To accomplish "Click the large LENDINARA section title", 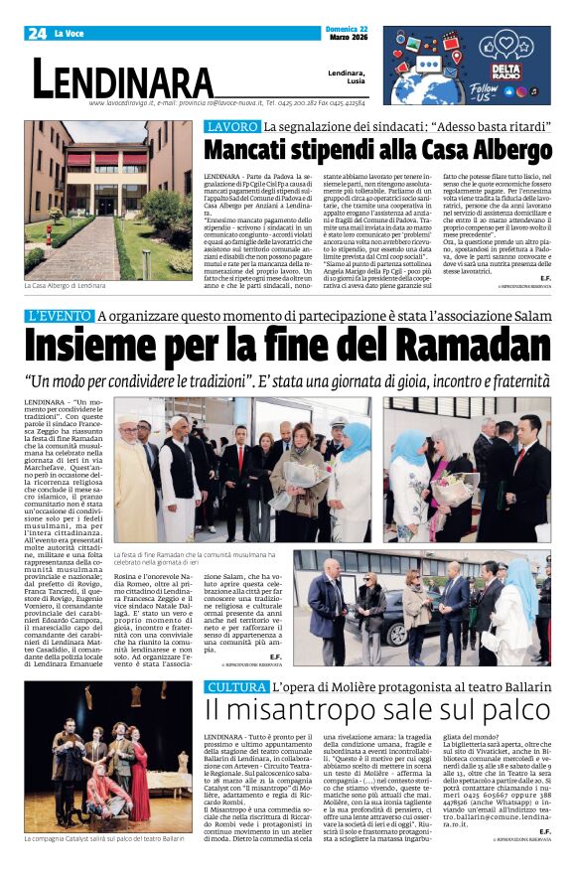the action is (123, 78).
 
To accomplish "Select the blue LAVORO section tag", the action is (231, 127).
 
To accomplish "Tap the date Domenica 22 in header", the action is (346, 29).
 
